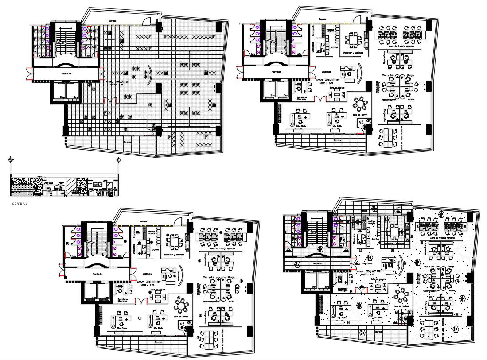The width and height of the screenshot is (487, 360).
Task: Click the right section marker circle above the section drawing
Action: click(x=118, y=159)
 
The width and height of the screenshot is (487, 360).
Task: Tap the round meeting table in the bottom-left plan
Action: click(x=181, y=306)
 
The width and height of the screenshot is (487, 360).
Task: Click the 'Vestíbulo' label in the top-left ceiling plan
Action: click(x=67, y=74)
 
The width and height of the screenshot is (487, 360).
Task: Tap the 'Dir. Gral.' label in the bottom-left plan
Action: click(x=159, y=328)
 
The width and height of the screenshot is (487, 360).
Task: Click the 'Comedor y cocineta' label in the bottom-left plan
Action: click(x=174, y=255)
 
